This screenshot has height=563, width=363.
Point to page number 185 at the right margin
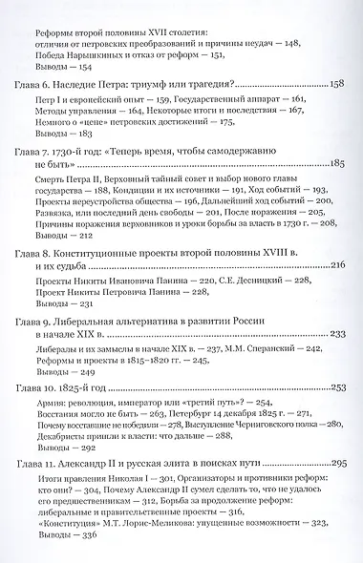click(335, 164)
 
